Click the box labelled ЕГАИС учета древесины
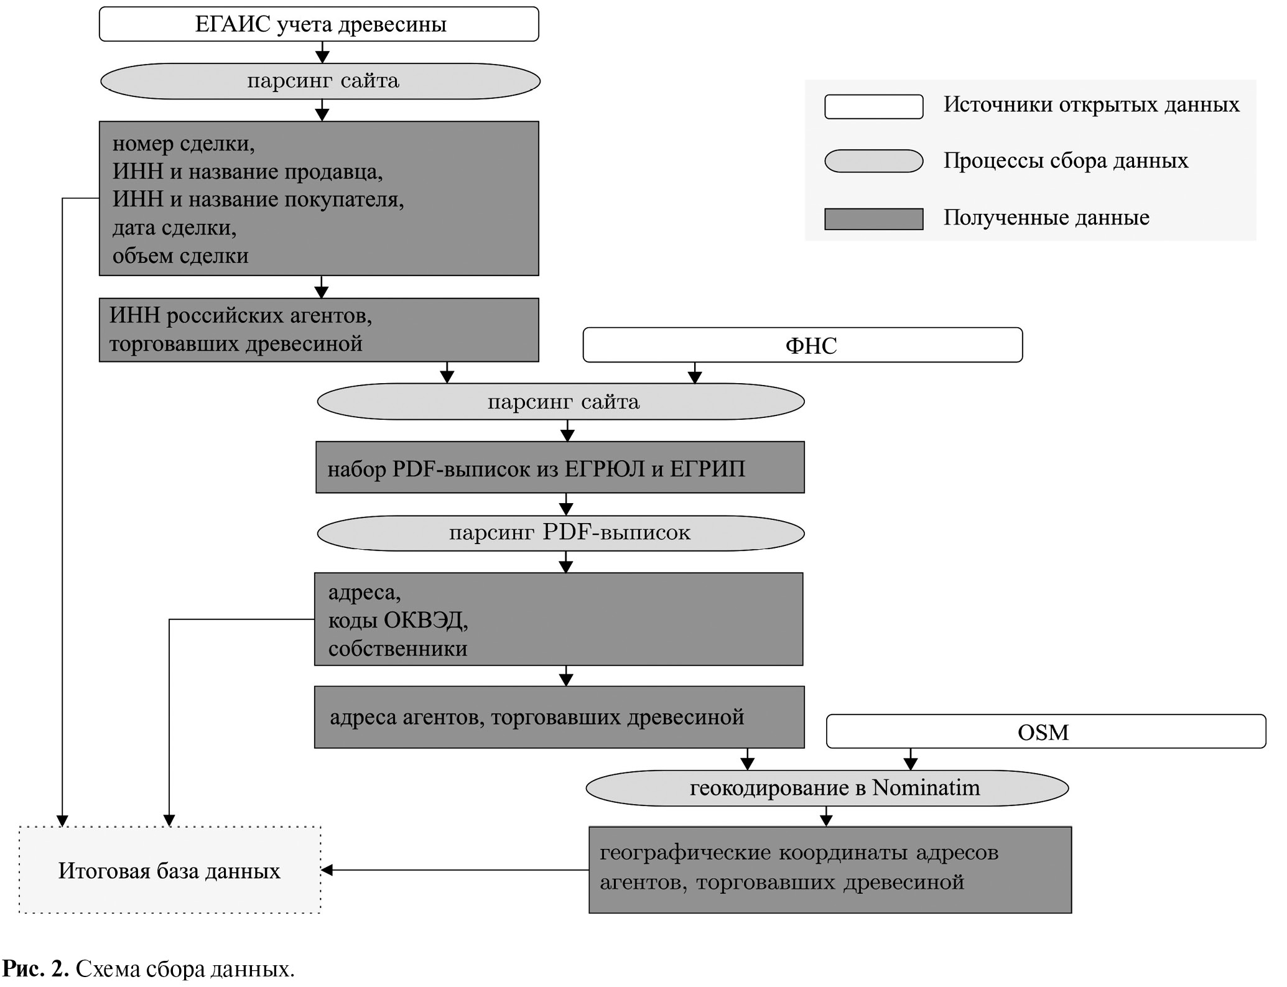318,25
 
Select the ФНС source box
802,345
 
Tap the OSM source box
1045,732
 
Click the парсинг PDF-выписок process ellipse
560,533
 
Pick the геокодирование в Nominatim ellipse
827,788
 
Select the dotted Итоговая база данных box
170,870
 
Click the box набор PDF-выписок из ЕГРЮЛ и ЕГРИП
560,468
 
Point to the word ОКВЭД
424,620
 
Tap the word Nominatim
926,788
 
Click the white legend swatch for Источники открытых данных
873,106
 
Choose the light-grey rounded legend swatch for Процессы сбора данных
873,161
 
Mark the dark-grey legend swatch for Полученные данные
873,219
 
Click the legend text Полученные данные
1046,218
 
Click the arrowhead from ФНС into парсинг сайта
695,378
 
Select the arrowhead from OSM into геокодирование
911,764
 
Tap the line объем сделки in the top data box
180,256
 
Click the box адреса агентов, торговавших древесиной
559,717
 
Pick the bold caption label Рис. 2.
35,969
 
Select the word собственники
398,649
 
